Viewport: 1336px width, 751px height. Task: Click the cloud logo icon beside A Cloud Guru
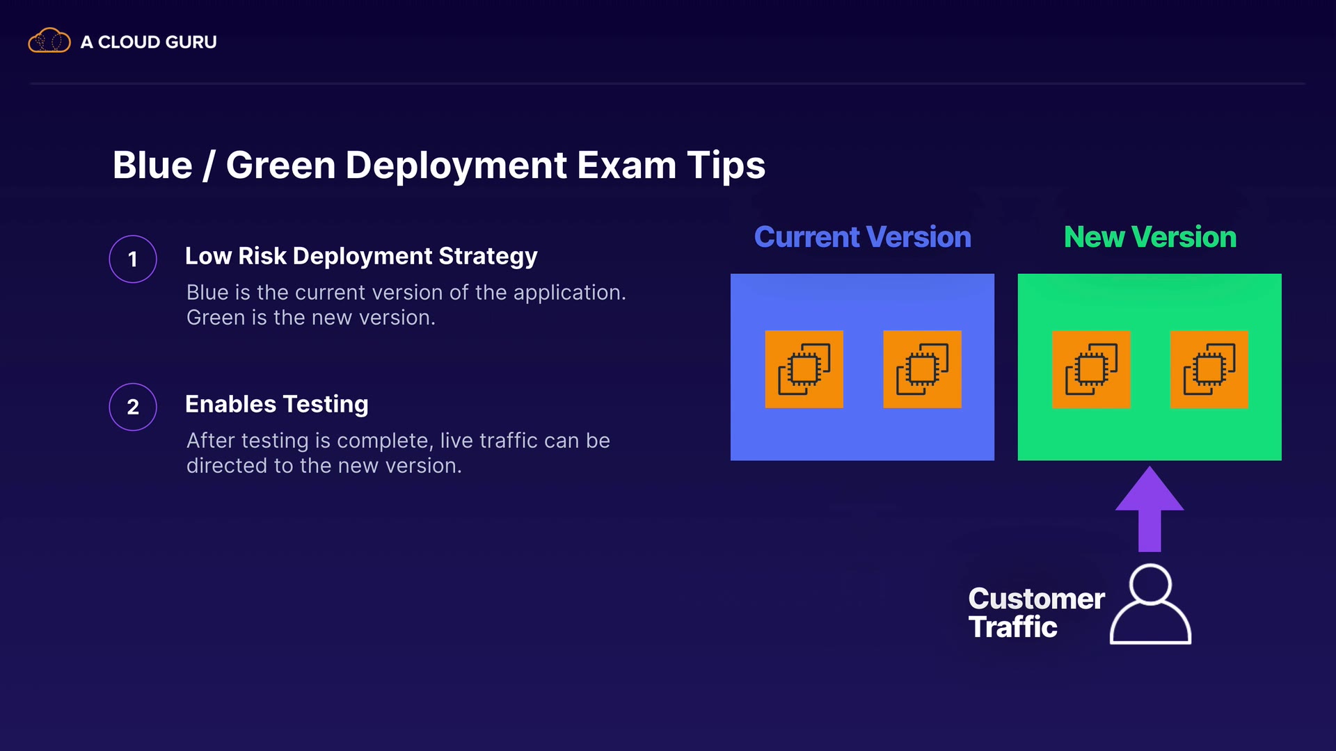(x=49, y=40)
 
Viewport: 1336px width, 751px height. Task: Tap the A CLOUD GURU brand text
(x=149, y=42)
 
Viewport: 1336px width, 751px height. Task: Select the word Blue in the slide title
(x=152, y=165)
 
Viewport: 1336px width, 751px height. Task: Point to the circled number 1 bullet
(x=133, y=259)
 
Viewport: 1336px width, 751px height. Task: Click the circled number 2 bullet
(x=133, y=407)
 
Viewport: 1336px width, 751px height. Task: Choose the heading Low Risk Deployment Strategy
(x=361, y=256)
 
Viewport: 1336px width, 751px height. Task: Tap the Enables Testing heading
(x=277, y=404)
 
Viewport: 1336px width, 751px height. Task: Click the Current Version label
(x=863, y=237)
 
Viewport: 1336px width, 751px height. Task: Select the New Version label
(x=1150, y=237)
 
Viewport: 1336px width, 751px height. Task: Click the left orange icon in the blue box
(x=804, y=369)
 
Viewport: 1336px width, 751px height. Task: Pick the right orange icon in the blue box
(x=922, y=369)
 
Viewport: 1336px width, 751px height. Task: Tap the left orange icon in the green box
(x=1091, y=369)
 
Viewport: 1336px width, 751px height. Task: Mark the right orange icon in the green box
(x=1209, y=369)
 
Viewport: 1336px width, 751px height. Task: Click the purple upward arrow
(x=1150, y=509)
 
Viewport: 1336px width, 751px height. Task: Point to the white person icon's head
(x=1150, y=584)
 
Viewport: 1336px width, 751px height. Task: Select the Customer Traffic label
(x=1036, y=613)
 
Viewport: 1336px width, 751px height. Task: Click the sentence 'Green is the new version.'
(x=311, y=318)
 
